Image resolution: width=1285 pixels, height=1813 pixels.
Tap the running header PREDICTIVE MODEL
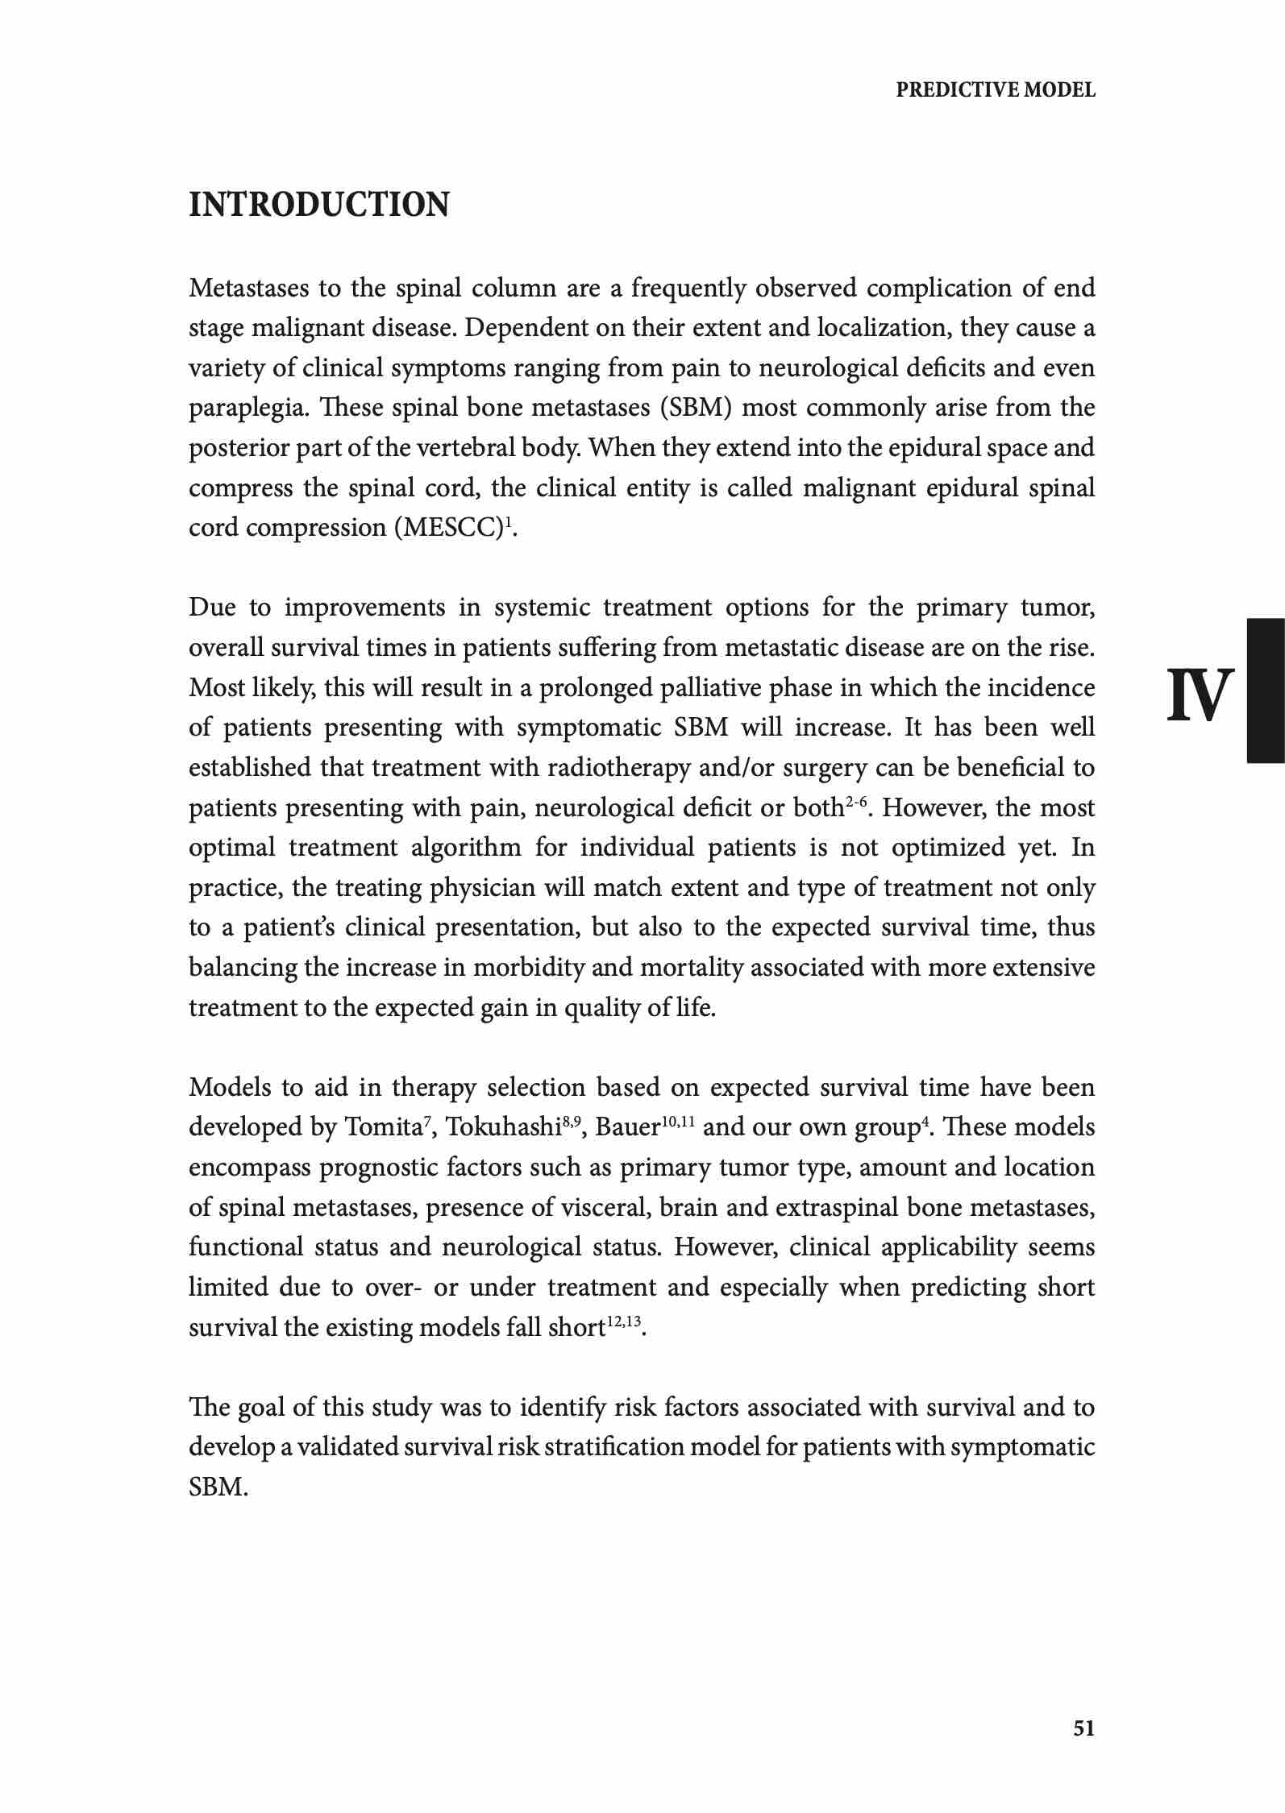pyautogui.click(x=996, y=90)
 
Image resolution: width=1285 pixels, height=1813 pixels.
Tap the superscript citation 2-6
pyautogui.click(x=856, y=803)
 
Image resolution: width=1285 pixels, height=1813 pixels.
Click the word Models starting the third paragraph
pyautogui.click(x=229, y=1088)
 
